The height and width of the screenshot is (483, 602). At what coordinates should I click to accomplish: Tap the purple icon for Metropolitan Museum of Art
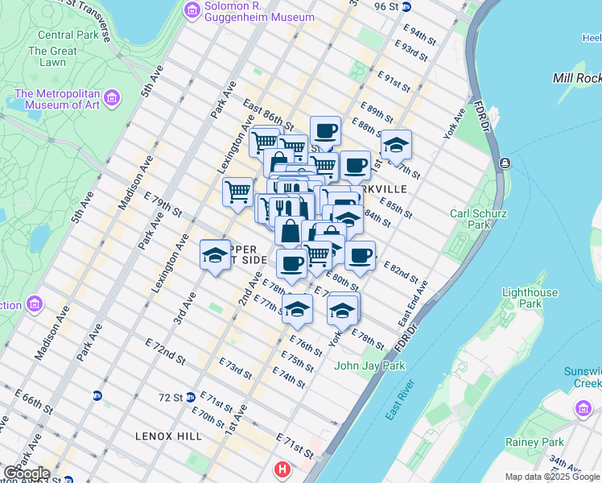(111, 98)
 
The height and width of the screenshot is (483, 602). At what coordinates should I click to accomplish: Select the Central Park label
(67, 35)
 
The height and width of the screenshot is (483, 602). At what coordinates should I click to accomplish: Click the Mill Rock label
(577, 77)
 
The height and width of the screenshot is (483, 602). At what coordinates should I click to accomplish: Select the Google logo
(27, 473)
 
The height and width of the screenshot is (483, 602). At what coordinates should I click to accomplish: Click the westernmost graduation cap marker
(214, 255)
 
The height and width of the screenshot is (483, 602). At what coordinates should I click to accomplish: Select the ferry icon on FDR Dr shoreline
(504, 163)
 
